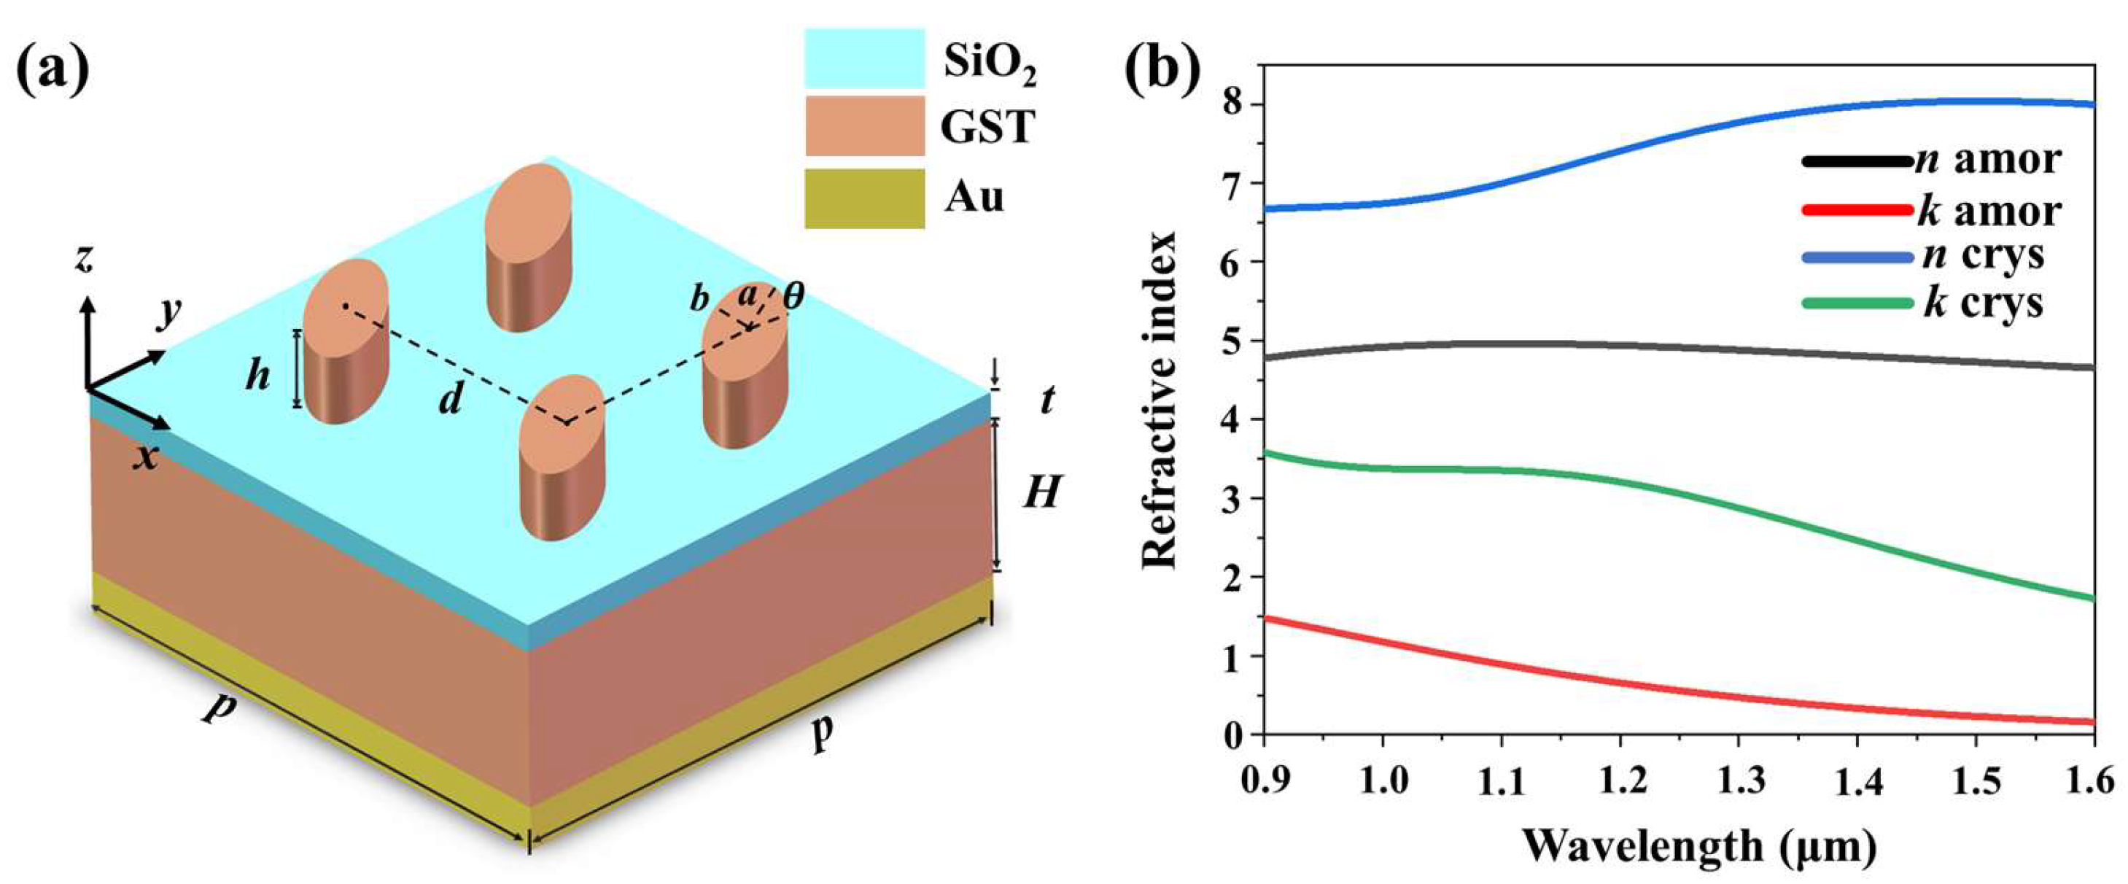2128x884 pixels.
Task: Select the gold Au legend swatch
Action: coord(864,198)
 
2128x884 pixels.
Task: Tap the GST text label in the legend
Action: coord(988,128)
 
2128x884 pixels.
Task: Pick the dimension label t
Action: coord(1047,400)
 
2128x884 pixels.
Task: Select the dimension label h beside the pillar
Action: coord(259,378)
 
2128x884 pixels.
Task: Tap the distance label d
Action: coord(450,400)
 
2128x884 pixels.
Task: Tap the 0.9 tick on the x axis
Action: coord(1264,779)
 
